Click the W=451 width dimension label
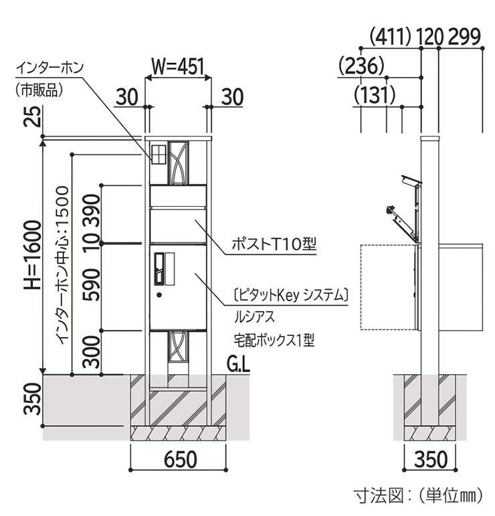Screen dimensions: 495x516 tap(178, 66)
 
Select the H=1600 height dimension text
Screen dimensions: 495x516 tap(33, 256)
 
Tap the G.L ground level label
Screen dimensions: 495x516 tap(238, 365)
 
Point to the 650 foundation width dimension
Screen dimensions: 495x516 tap(181, 459)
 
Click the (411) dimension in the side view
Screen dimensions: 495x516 tap(391, 37)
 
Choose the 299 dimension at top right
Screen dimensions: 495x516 tap(464, 37)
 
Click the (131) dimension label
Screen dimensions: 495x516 tap(375, 95)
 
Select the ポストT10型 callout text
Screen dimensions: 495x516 tap(274, 244)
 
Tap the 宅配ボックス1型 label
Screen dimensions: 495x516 tap(274, 340)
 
